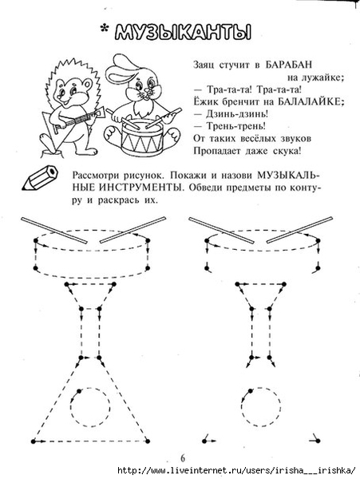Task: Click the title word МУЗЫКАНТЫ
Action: [x=184, y=32]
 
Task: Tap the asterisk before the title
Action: [x=105, y=29]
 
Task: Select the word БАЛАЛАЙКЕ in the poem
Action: [x=311, y=101]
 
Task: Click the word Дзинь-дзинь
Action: [x=237, y=114]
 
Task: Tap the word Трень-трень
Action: [x=236, y=126]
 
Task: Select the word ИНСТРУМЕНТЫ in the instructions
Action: [x=141, y=188]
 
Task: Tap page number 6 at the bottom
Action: [x=183, y=458]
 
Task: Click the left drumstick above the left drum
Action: [x=54, y=230]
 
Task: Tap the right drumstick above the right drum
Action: [x=299, y=230]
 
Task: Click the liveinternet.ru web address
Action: [x=236, y=470]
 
